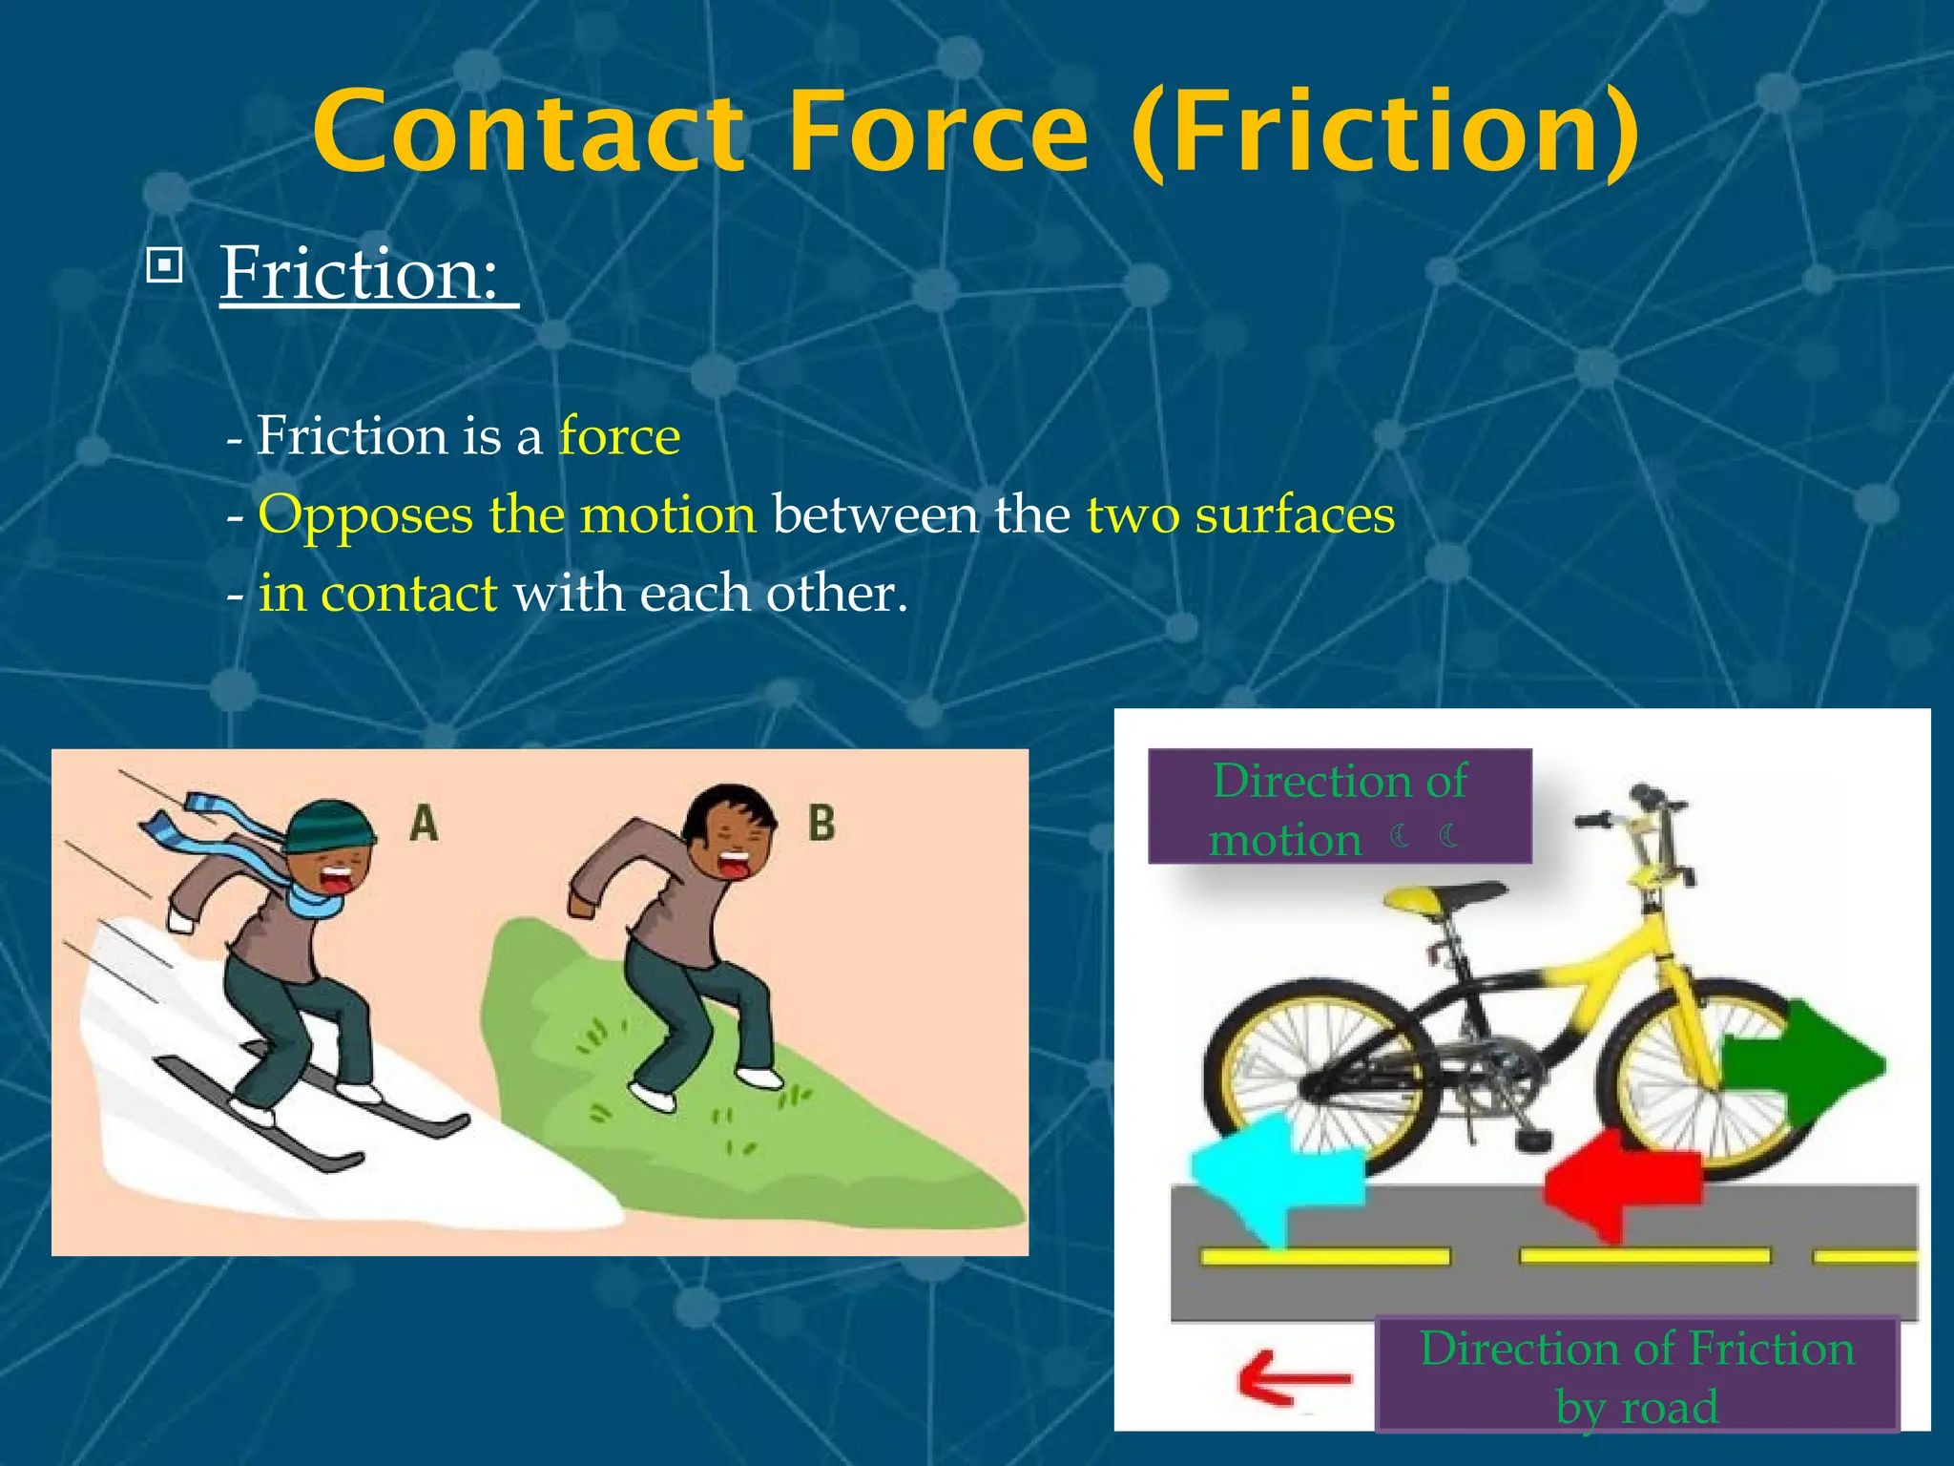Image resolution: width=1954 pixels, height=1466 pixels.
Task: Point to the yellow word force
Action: click(x=619, y=436)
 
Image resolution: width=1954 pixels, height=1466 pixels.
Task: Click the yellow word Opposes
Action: click(x=364, y=515)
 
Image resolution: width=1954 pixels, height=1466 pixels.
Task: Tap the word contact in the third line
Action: click(x=408, y=594)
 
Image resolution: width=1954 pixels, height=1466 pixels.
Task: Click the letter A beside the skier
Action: click(x=425, y=823)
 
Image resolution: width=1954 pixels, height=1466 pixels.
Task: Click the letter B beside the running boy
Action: click(x=821, y=823)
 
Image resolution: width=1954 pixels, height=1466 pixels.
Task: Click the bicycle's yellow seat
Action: click(x=1441, y=898)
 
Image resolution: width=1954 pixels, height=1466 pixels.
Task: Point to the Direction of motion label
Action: click(x=1339, y=807)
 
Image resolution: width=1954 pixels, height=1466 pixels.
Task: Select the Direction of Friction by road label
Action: click(x=1636, y=1375)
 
